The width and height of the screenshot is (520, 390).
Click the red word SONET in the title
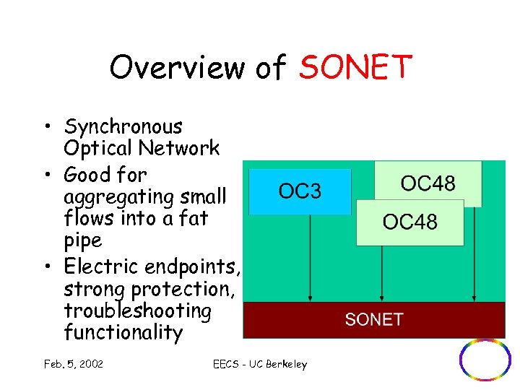(x=355, y=67)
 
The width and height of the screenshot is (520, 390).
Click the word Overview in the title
(x=178, y=67)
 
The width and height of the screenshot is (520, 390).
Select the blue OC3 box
(x=300, y=191)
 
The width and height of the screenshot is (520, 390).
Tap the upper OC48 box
(x=428, y=183)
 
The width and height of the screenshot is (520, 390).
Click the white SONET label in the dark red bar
(x=374, y=319)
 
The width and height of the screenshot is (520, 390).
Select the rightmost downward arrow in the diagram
(x=474, y=253)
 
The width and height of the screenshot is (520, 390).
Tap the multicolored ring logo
(x=485, y=359)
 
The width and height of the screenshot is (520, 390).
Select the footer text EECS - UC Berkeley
(x=260, y=364)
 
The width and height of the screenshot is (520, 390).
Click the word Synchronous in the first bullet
(x=123, y=126)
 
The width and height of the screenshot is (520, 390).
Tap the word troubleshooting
(x=138, y=311)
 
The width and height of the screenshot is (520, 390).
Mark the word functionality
(x=123, y=332)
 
